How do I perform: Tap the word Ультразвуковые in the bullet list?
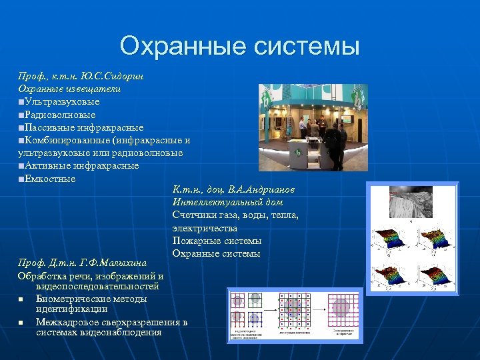pos(61,101)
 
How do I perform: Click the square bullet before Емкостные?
pos(21,179)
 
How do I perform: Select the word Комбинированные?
pos(67,140)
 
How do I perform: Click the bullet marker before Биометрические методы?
pos(21,299)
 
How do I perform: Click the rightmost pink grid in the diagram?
pos(341,307)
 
